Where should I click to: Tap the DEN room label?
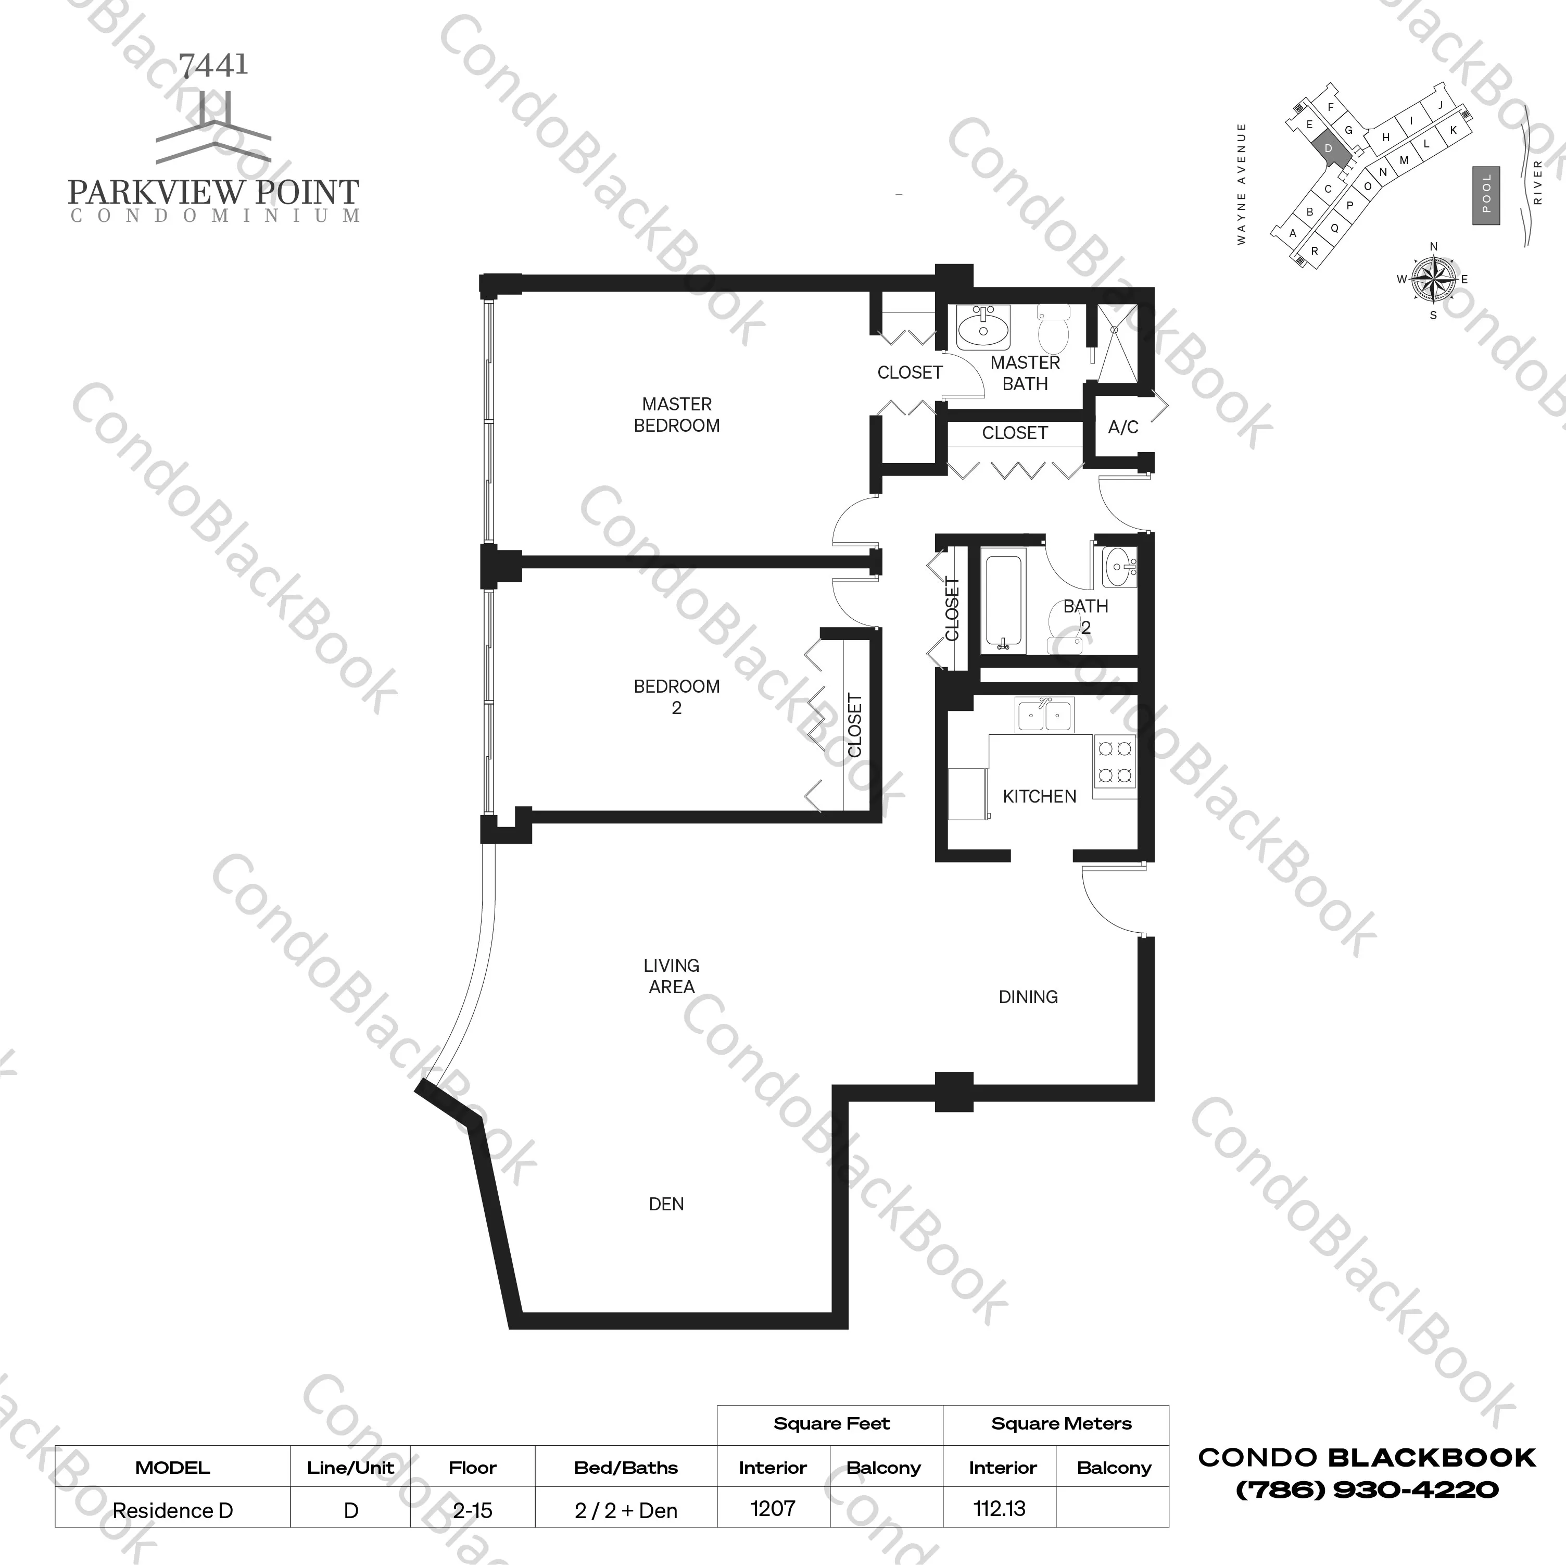666,1204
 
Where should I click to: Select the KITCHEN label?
1039,796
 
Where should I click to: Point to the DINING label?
1028,997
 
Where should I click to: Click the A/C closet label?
1122,428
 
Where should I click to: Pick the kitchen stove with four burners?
1115,763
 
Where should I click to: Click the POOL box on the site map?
1486,195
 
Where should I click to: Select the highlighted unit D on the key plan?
1328,148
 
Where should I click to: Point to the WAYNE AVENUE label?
1241,184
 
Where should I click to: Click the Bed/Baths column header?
626,1468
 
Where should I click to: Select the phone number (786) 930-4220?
1367,1489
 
